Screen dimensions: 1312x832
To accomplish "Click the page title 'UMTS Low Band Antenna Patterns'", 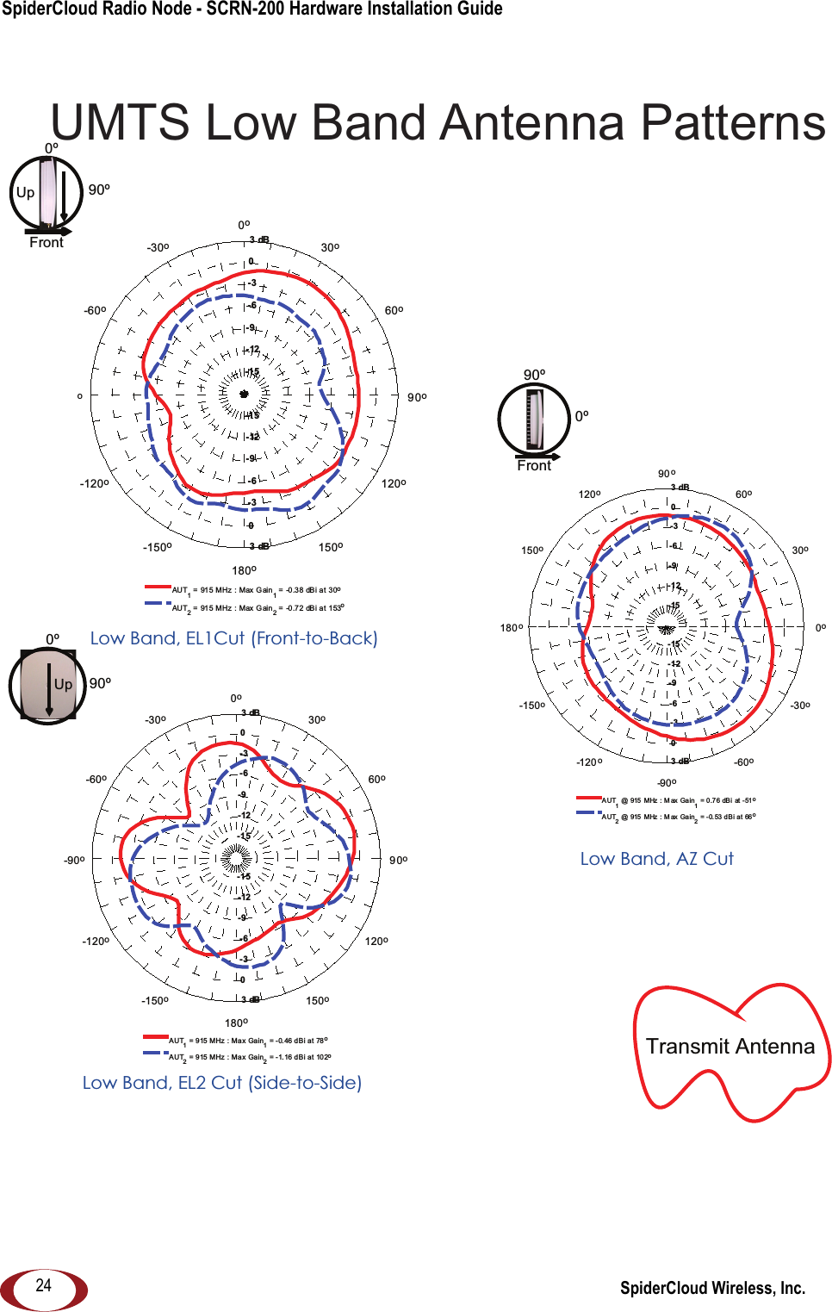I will pos(438,122).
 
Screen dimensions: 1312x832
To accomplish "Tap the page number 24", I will pos(43,1285).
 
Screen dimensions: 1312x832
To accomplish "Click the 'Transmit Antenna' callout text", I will pos(730,1046).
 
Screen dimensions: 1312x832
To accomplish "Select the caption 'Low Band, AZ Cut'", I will pos(656,859).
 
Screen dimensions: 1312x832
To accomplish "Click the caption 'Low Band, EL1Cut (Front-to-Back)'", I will pos(233,638).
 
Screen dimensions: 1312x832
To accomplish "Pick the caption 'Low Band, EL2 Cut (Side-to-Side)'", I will pos(221,1083).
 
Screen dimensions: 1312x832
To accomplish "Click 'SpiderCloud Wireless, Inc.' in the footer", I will pos(712,1288).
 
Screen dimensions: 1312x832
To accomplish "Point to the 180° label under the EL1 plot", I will pos(244,570).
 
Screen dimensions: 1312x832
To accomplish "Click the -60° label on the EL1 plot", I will pos(95,310).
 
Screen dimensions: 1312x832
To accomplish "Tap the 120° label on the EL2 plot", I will pos(376,941).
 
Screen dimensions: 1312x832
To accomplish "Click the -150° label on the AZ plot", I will pos(531,706).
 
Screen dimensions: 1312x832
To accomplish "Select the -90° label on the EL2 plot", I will pos(74,860).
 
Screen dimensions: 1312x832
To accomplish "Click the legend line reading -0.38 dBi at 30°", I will pos(256,590).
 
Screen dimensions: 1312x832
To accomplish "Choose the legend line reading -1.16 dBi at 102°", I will pos(250,1057).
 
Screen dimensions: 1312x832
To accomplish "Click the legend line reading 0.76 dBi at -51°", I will pos(678,800).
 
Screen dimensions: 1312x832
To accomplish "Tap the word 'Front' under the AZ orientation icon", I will pos(534,466).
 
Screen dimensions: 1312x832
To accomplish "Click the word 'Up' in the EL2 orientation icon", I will pos(63,684).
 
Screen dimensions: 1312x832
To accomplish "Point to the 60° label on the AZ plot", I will pos(743,494).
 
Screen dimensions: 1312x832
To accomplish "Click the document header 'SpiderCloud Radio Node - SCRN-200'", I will pos(251,9).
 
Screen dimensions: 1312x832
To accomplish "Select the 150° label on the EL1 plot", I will pos(331,547).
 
